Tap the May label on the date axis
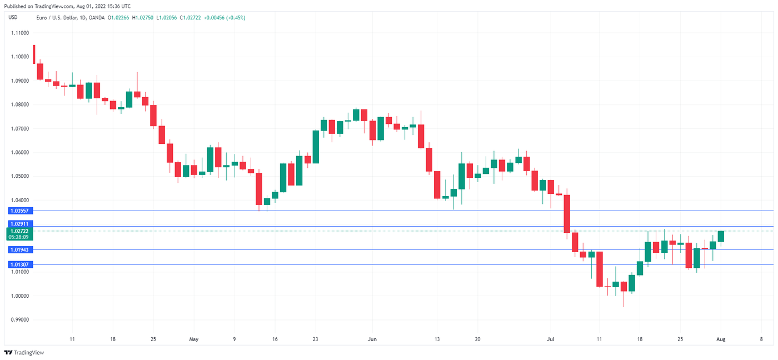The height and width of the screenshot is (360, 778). (193, 338)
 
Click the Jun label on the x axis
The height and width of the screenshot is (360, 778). (372, 338)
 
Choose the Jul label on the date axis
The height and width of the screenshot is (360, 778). (551, 338)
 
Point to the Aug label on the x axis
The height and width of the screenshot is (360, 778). (721, 338)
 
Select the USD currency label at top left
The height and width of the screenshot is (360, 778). (13, 18)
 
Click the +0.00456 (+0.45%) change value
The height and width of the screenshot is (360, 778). (225, 18)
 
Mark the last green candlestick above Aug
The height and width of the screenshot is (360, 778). (721, 236)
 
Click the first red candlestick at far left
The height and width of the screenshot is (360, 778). (34, 54)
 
